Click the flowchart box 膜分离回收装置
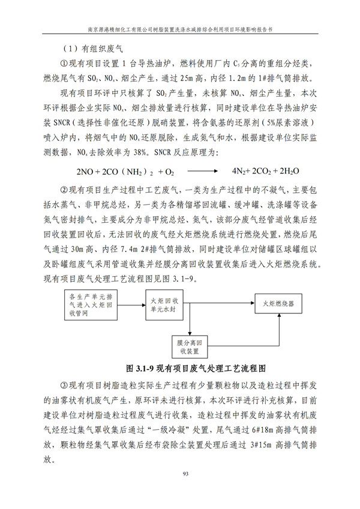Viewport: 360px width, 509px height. coord(188,346)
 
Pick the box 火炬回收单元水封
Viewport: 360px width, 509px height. coord(163,304)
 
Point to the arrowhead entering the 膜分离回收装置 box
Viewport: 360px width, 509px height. coord(188,332)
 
